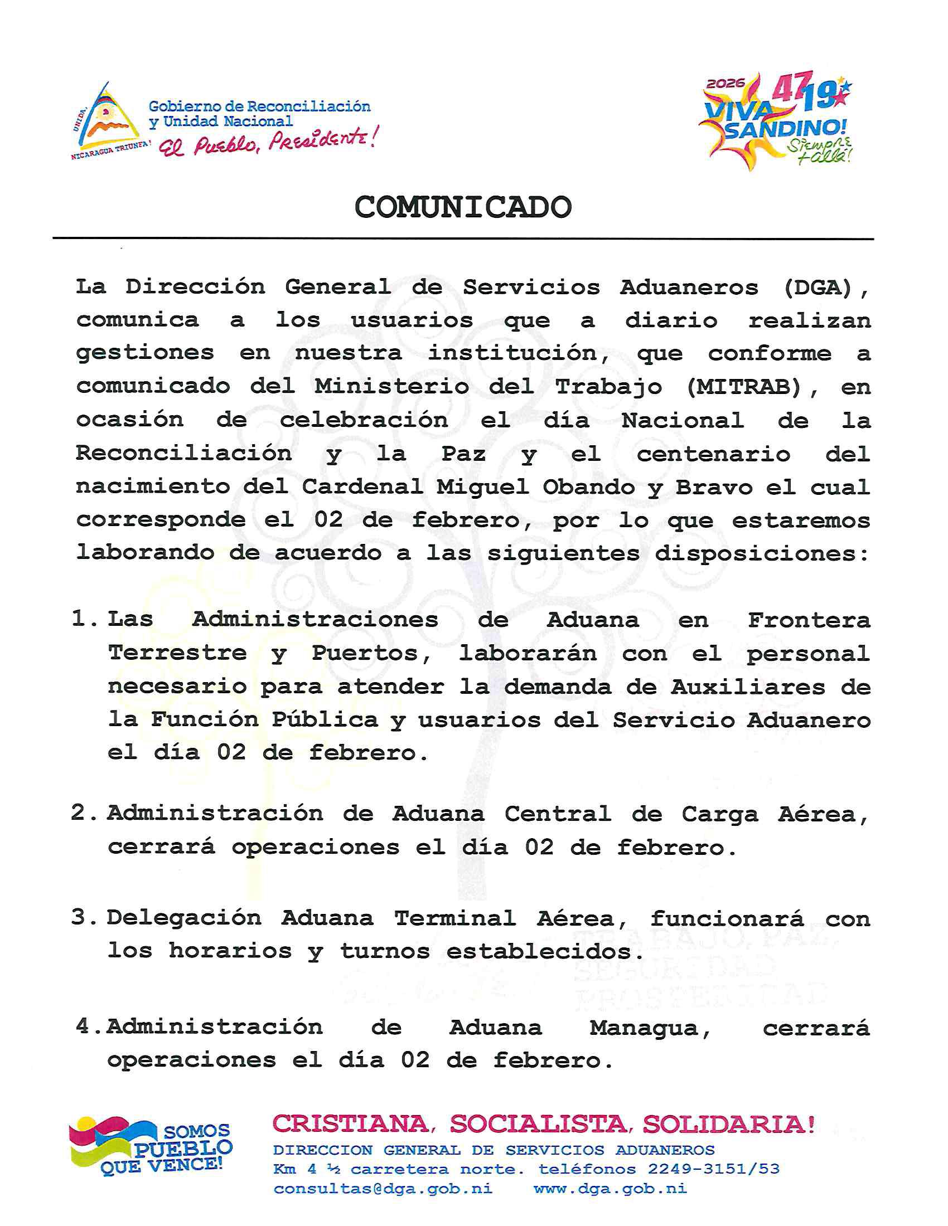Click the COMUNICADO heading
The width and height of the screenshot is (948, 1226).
463,208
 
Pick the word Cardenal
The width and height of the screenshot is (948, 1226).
362,486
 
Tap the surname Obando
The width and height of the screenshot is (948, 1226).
588,486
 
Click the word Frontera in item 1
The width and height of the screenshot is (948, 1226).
809,620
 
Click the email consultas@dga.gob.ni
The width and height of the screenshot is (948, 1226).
383,1189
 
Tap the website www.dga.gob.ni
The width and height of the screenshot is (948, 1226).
610,1189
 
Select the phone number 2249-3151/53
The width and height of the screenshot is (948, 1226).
714,1169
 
